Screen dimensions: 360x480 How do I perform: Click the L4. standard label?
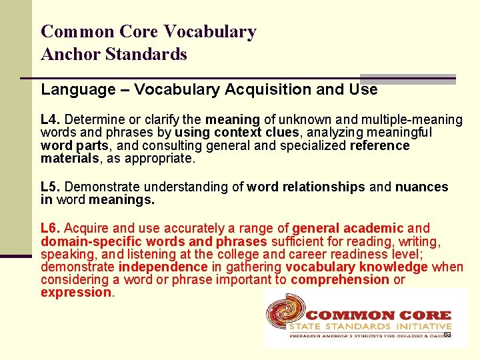click(x=51, y=120)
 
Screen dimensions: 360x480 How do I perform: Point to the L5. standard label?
click(x=51, y=187)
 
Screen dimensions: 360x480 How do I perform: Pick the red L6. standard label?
click(x=51, y=229)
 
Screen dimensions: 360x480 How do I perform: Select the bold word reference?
click(x=379, y=146)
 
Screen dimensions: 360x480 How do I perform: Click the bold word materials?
click(x=69, y=159)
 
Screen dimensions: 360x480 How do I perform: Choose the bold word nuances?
click(x=422, y=187)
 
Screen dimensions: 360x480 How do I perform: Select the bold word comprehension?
click(x=340, y=279)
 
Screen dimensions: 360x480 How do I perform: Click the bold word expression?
click(x=76, y=292)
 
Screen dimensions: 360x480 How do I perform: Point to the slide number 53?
click(x=447, y=335)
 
